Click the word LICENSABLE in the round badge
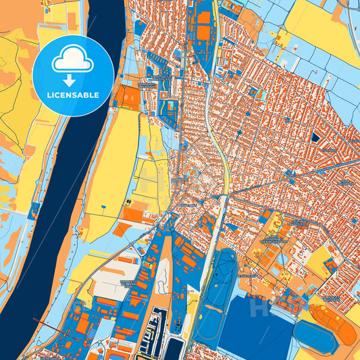point(72,95)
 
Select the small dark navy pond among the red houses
point(315,137)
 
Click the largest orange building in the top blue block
point(203,16)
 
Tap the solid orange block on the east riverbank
point(132,99)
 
